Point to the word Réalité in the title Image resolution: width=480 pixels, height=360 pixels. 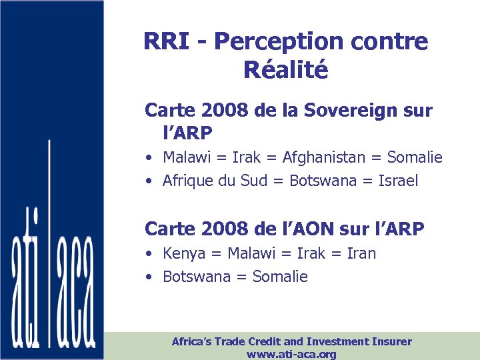tap(286, 69)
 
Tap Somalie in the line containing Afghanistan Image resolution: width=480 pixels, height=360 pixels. tap(416, 157)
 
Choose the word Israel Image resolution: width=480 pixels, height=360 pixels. tap(398, 181)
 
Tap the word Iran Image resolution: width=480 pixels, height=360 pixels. tap(361, 253)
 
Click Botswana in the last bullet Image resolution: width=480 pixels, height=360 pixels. tap(195, 277)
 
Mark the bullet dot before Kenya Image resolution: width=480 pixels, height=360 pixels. tap(152, 254)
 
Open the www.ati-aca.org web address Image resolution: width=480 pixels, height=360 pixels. tap(291, 354)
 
